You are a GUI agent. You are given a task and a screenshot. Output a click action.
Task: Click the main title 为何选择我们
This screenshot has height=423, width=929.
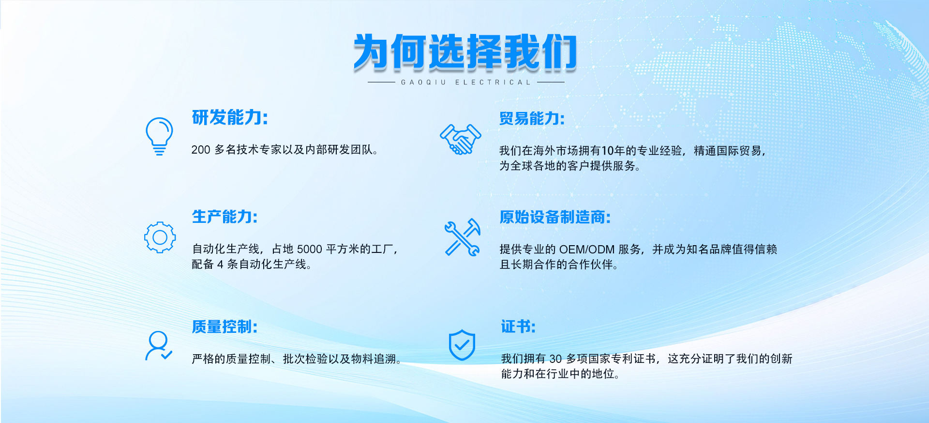pos(465,52)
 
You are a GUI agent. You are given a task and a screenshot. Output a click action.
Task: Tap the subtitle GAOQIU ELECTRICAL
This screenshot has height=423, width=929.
pos(466,82)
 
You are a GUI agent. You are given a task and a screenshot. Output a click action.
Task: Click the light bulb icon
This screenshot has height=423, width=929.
pos(159,136)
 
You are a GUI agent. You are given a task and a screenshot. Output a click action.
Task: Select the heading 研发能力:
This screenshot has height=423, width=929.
pos(230,117)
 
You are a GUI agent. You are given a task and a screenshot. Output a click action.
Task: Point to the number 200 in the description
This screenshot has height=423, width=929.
pos(201,150)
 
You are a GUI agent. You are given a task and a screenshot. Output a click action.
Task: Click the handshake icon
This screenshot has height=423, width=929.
pos(460,139)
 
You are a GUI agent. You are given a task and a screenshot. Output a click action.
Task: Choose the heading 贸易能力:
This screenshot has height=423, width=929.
pos(532,118)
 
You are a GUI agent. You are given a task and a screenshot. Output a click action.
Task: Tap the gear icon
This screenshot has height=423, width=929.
pos(160,237)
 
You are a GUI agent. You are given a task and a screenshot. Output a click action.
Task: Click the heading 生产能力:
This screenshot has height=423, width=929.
pos(225,217)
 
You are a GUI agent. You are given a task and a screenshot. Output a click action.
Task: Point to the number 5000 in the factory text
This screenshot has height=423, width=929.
pos(309,249)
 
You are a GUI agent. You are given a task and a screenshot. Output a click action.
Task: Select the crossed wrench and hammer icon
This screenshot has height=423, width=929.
pos(463,237)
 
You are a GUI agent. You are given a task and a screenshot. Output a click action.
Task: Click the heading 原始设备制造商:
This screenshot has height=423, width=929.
pos(555,217)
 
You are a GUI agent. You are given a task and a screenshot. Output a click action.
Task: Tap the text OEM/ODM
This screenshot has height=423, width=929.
pos(586,250)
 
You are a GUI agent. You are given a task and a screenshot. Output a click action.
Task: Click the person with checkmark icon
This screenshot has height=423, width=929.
pos(159,346)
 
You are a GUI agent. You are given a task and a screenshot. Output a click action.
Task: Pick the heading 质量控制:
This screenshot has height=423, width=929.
pos(225,327)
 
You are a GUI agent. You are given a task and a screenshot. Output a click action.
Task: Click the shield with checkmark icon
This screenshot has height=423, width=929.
pos(462,345)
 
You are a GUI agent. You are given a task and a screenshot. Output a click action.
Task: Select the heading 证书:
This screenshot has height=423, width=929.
pos(518,327)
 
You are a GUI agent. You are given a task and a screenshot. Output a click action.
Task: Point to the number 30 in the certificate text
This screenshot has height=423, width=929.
pos(555,359)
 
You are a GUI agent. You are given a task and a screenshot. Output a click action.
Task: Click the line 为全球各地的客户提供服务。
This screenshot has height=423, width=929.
pos(570,166)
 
